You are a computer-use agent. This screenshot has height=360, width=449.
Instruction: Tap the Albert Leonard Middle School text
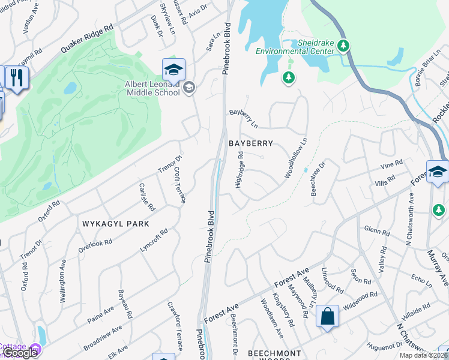point(152,89)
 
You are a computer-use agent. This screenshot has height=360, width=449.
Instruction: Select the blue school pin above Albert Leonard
point(173,70)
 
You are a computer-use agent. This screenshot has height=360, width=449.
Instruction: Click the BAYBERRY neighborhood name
point(251,143)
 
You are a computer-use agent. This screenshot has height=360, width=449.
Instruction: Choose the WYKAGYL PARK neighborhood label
point(116,223)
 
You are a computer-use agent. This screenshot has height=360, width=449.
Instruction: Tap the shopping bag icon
point(327,316)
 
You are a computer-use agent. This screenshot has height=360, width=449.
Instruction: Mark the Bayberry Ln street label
point(243,118)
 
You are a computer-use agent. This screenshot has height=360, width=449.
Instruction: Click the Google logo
point(19,353)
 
